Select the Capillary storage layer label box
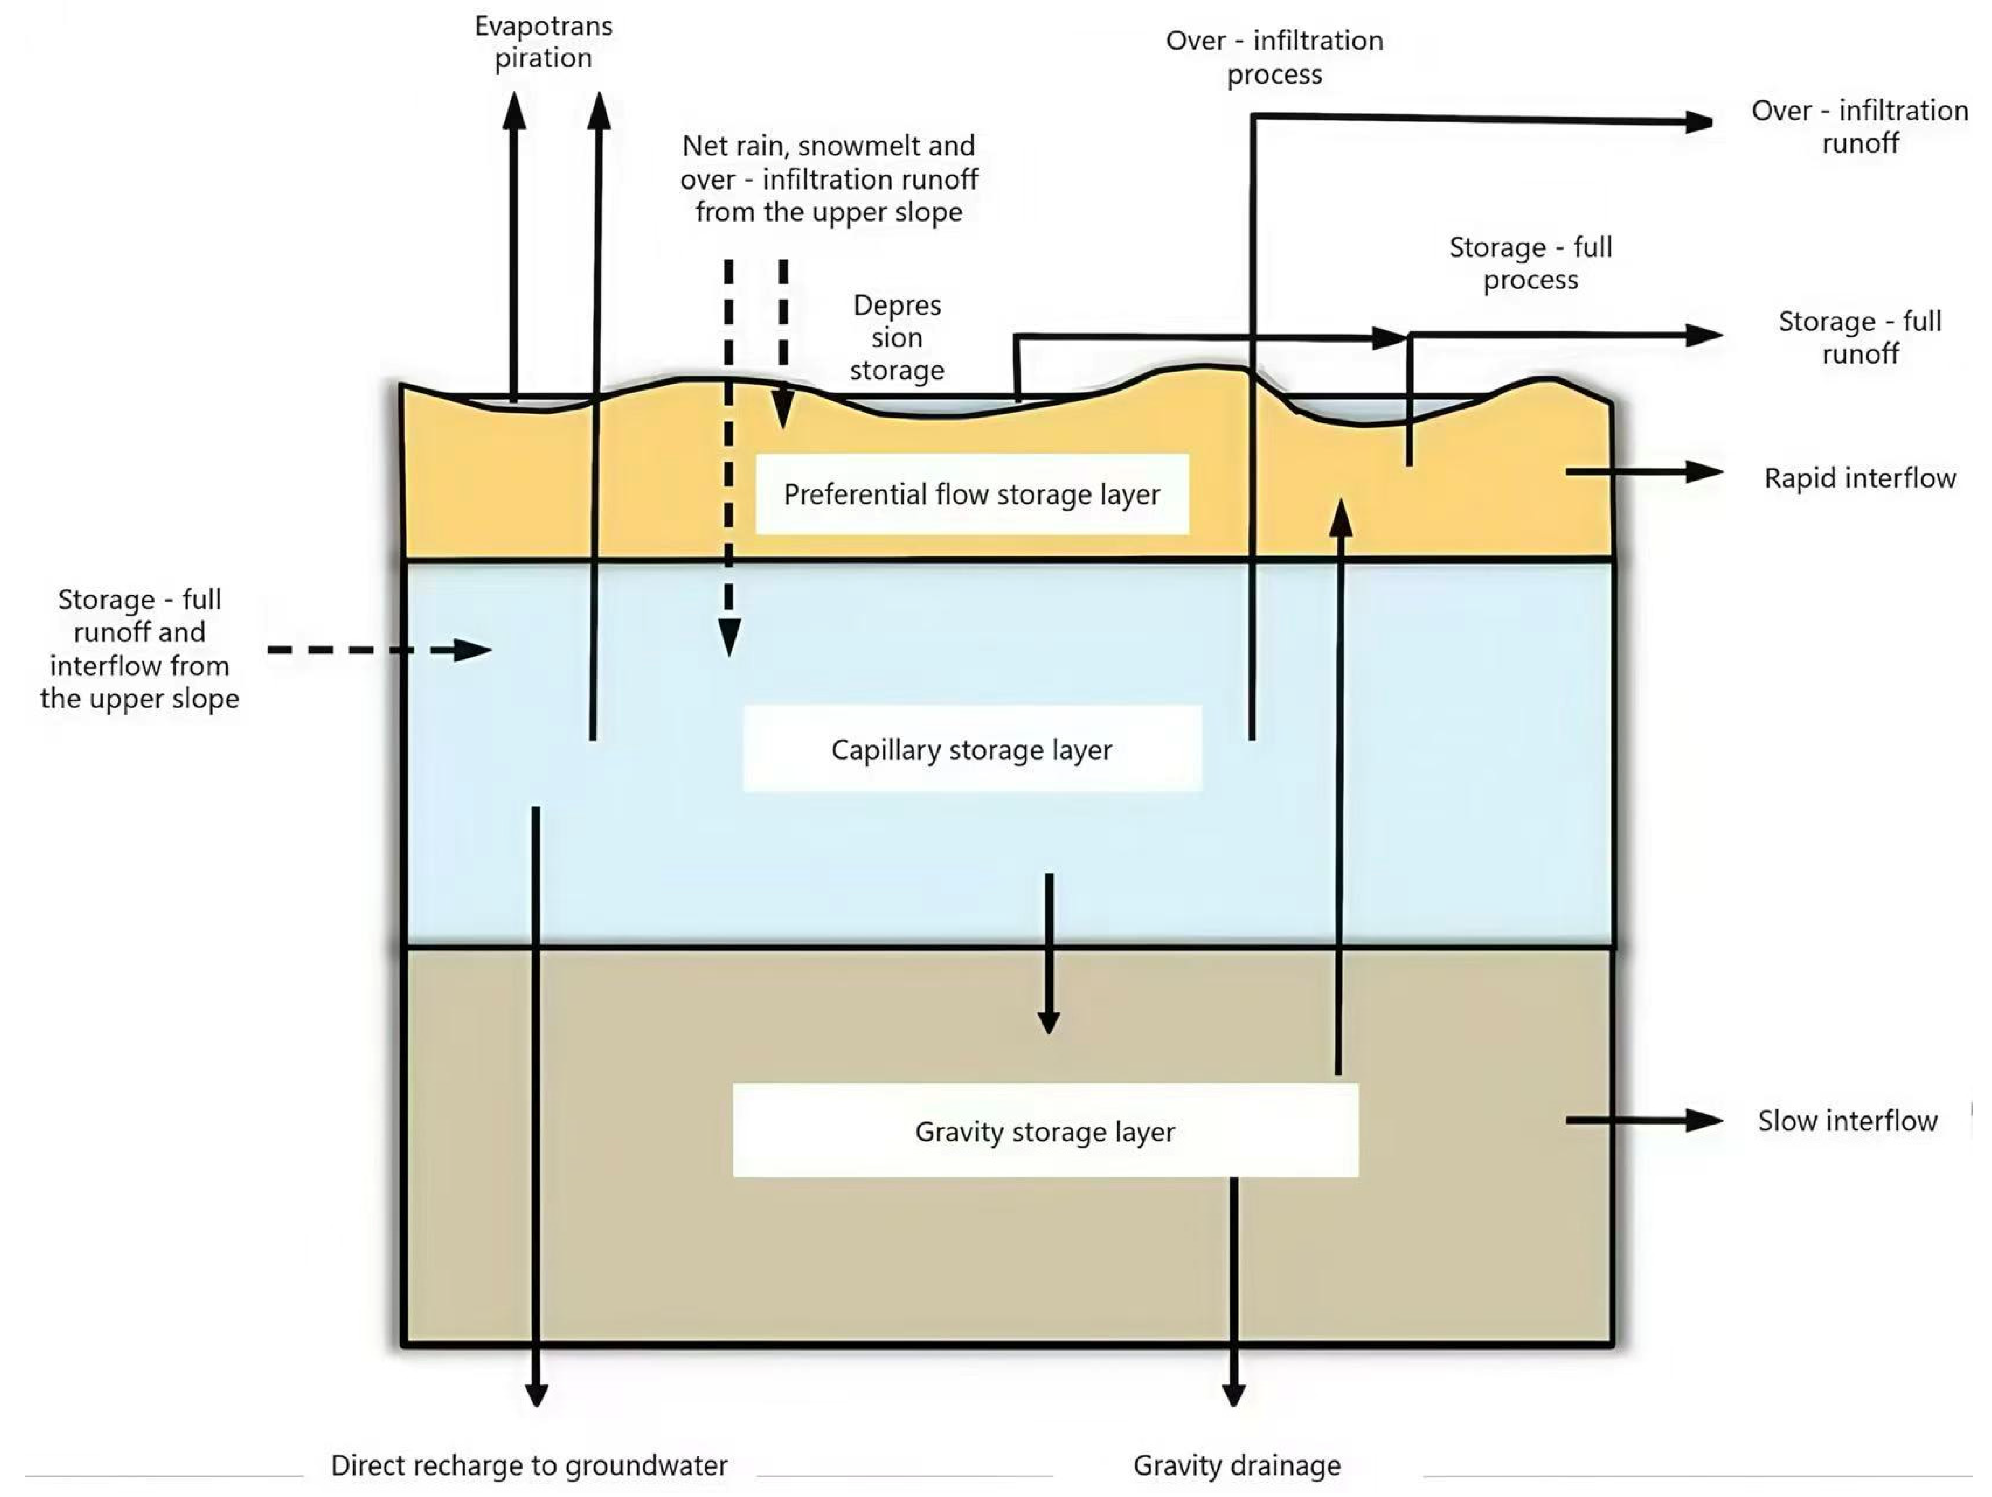coord(972,749)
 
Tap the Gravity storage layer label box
coord(1045,1131)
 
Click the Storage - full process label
coord(1530,263)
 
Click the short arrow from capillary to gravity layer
coord(1048,955)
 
